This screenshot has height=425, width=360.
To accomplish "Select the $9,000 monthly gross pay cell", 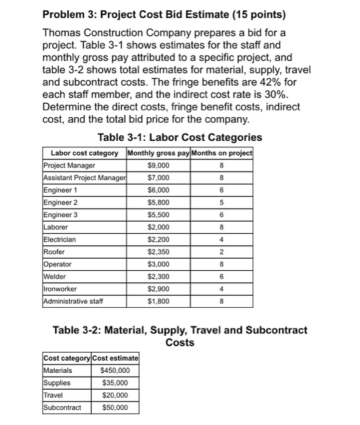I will pyautogui.click(x=158, y=165).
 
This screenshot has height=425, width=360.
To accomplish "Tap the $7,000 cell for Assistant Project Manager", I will pyautogui.click(x=158, y=177).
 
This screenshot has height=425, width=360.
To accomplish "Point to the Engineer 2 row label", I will pyautogui.click(x=58, y=202).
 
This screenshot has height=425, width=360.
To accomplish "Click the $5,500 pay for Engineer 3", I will pyautogui.click(x=158, y=214).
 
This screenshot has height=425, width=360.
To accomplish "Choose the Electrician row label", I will pyautogui.click(x=59, y=239).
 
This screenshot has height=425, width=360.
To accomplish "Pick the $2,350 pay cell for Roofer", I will pyautogui.click(x=158, y=252).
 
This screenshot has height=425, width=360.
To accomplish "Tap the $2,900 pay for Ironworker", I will pyautogui.click(x=158, y=289).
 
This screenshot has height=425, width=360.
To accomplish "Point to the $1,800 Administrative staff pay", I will pyautogui.click(x=158, y=302).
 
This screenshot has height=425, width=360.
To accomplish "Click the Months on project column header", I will pyautogui.click(x=223, y=152).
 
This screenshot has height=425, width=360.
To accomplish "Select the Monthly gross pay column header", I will pyautogui.click(x=158, y=152).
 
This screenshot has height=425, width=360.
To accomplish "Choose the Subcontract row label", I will pyautogui.click(x=61, y=407).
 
